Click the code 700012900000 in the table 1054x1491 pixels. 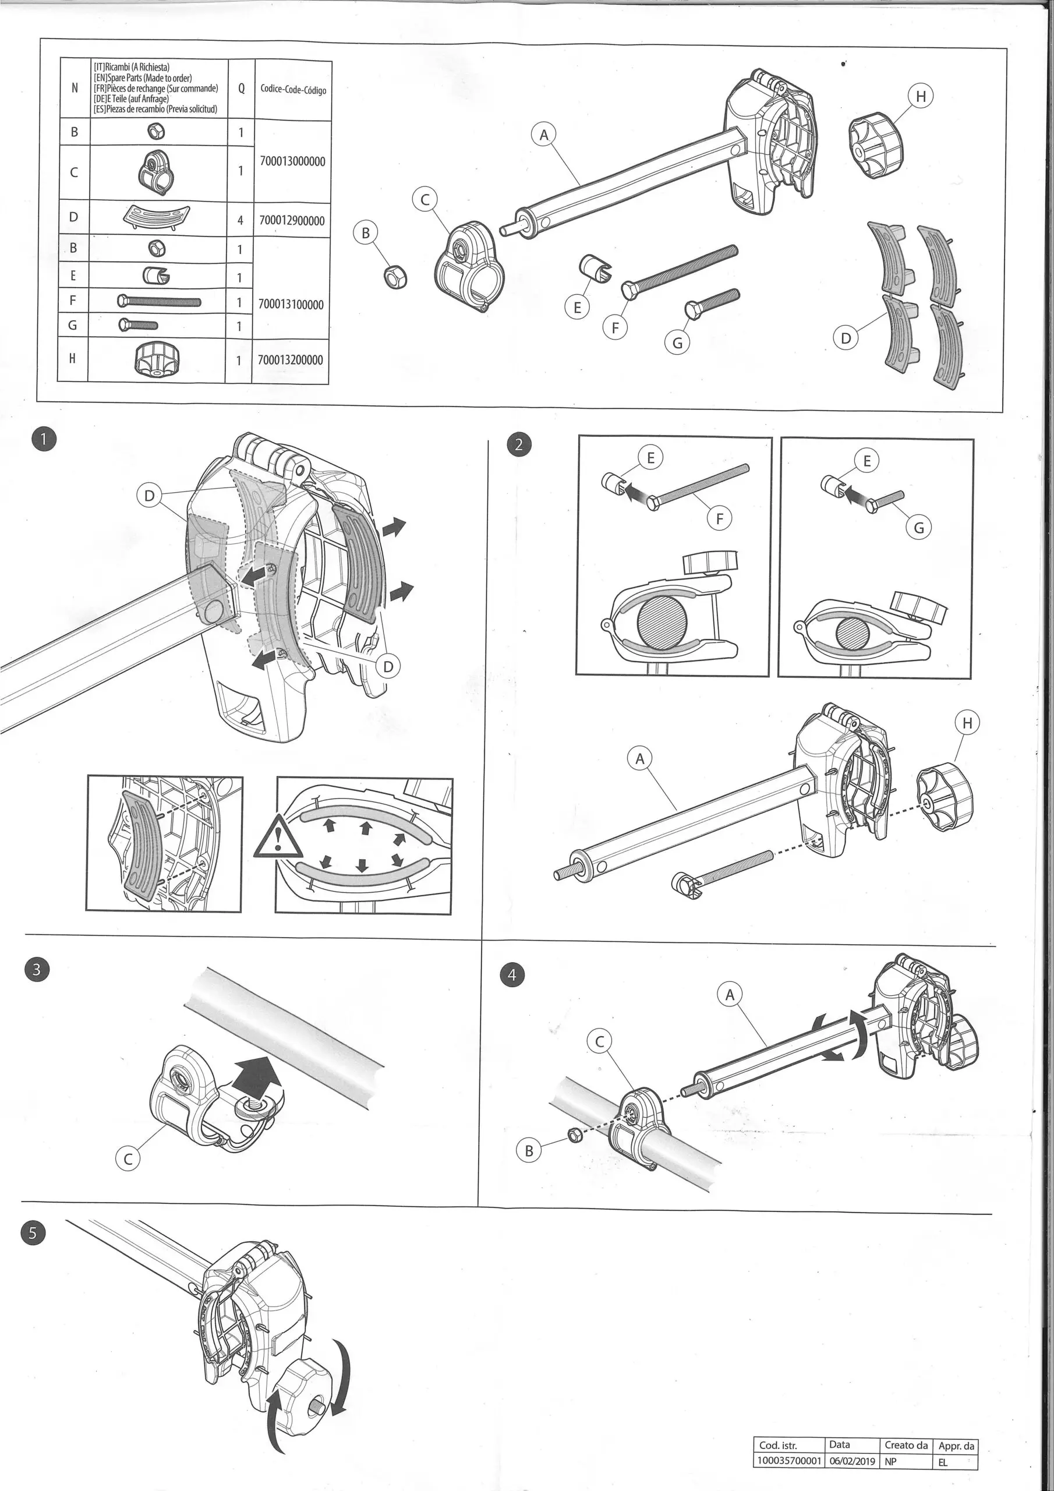(x=292, y=221)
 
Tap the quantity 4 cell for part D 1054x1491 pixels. (x=240, y=221)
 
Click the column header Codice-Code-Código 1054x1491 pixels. (x=293, y=90)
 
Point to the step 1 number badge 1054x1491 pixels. (x=44, y=440)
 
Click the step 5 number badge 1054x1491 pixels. (x=33, y=1232)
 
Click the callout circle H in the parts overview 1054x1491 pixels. (x=920, y=97)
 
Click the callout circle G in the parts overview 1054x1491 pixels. (x=677, y=342)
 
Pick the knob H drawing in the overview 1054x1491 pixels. (x=870, y=136)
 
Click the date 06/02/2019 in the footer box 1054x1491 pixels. (x=851, y=1462)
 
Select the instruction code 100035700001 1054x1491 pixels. (x=789, y=1462)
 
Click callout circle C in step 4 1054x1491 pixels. (x=599, y=1041)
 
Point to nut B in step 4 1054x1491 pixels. (x=574, y=1135)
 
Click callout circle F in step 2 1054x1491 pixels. (x=719, y=518)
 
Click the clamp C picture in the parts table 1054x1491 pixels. (x=157, y=172)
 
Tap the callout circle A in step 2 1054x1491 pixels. (x=639, y=758)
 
